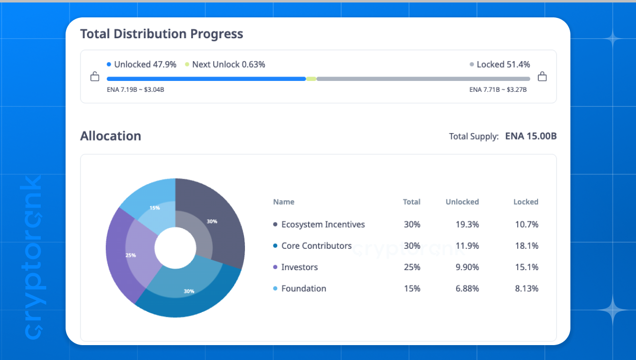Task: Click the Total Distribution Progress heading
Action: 161,34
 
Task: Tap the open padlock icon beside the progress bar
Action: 95,76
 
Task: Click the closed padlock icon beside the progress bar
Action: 542,76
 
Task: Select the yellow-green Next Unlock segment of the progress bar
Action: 311,79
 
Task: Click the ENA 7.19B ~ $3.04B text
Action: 136,90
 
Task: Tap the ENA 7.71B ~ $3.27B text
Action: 498,90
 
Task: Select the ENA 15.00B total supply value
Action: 531,136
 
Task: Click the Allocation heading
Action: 110,136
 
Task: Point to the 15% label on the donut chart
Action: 155,208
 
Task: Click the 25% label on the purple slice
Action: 131,255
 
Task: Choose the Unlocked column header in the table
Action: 462,202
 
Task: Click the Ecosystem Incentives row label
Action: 323,224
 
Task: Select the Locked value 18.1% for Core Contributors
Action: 527,246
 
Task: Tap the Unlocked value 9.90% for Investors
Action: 467,267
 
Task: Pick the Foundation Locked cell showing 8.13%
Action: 527,288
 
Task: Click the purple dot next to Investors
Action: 275,267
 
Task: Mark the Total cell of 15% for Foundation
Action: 412,288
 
